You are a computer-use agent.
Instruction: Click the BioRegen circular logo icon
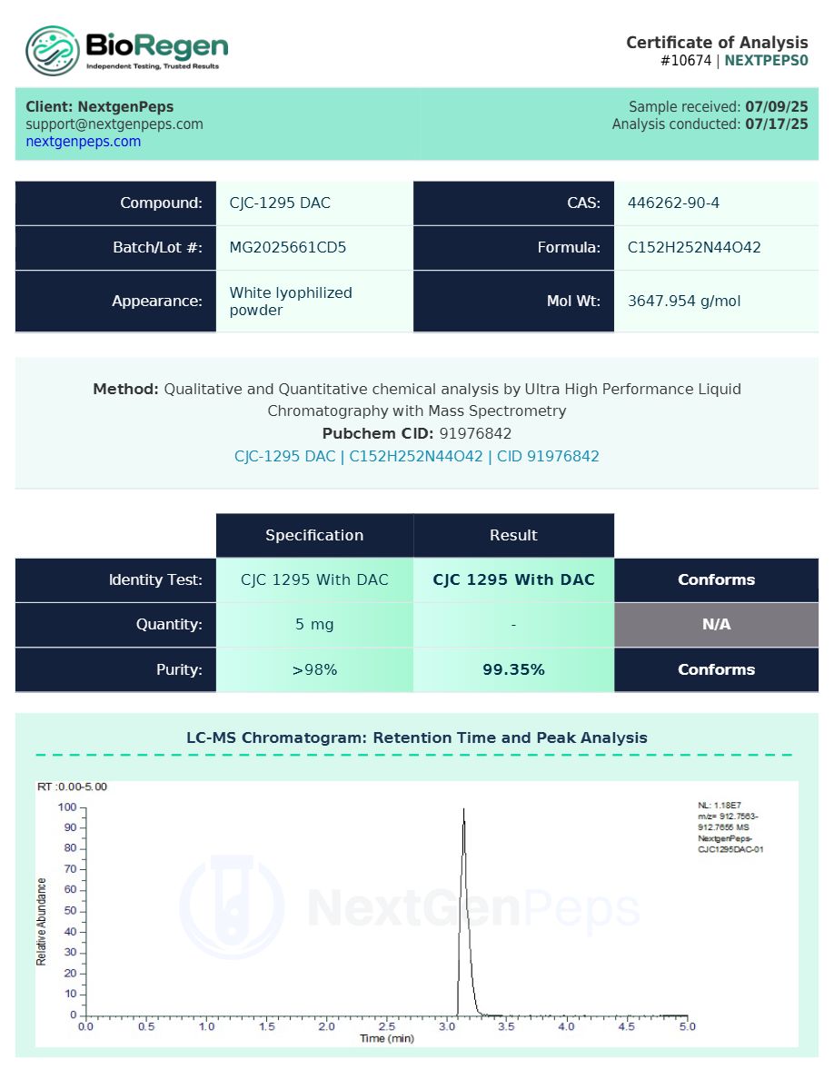click(x=52, y=50)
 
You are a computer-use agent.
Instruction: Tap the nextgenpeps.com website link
click(x=83, y=142)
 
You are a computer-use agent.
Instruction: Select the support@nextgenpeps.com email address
click(x=114, y=124)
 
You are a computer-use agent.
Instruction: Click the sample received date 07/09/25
click(x=776, y=107)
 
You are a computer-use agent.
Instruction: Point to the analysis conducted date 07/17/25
click(x=776, y=124)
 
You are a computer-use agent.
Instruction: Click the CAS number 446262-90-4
click(x=673, y=203)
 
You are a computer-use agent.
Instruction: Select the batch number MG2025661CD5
click(x=287, y=248)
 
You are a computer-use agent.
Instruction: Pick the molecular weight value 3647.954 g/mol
click(x=683, y=301)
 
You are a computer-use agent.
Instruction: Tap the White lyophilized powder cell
click(x=290, y=302)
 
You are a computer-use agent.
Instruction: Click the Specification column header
click(x=314, y=536)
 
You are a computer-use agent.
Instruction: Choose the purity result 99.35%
click(x=513, y=670)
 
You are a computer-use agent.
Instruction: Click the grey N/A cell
click(x=716, y=625)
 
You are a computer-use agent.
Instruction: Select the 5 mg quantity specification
click(x=314, y=625)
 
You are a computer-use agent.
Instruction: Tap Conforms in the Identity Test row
click(x=716, y=580)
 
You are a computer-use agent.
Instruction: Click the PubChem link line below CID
click(x=416, y=457)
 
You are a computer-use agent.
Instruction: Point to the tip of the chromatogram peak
click(x=463, y=808)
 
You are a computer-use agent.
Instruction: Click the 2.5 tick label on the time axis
click(x=386, y=1026)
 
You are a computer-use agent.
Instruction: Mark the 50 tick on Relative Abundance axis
click(x=69, y=911)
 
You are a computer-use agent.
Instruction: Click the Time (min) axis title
click(x=386, y=1038)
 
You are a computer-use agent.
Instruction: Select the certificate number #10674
click(x=686, y=61)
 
